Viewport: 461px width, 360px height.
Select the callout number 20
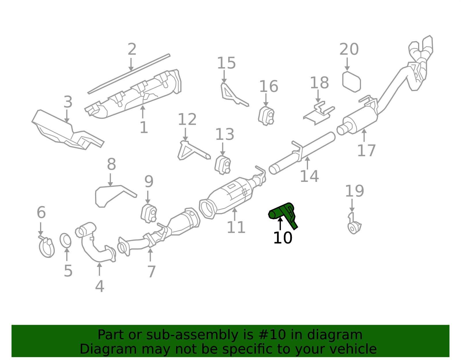point(349,49)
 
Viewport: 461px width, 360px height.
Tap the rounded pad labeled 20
point(352,82)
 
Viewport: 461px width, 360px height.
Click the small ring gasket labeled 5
point(65,240)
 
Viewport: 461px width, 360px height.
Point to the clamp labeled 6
point(47,247)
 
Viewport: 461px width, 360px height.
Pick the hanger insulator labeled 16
point(266,116)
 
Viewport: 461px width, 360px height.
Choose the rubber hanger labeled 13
point(222,165)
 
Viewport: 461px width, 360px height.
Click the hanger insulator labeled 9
point(149,213)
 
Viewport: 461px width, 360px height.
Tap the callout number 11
point(236,227)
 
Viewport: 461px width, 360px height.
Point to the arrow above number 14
point(307,163)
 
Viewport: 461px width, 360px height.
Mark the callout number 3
point(68,102)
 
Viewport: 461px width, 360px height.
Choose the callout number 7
point(152,272)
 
